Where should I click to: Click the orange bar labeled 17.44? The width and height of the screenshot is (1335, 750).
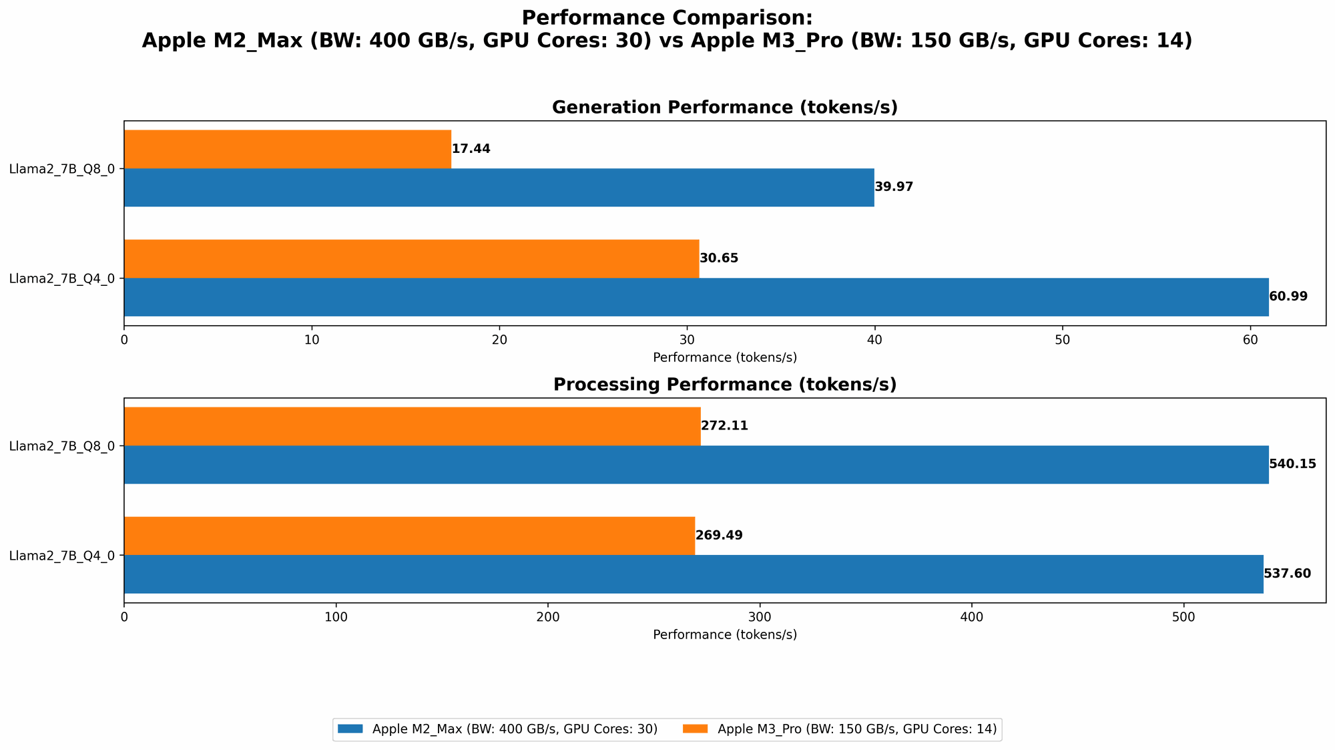(287, 149)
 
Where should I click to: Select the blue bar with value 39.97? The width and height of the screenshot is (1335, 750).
(499, 187)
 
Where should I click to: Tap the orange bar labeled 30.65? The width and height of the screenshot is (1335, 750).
(411, 258)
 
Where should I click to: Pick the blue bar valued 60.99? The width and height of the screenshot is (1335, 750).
(696, 297)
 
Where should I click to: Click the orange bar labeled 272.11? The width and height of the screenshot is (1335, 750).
(412, 426)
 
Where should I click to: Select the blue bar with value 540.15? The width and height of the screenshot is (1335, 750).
(696, 464)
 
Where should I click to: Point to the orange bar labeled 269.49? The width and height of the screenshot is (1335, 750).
(409, 536)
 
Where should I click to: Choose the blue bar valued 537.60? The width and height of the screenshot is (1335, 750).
(693, 574)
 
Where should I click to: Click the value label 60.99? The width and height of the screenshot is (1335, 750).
(1288, 297)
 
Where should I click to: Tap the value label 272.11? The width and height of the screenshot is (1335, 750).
(724, 426)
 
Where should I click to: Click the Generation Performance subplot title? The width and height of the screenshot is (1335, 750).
(724, 108)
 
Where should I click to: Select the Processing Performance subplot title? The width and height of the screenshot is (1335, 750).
(724, 385)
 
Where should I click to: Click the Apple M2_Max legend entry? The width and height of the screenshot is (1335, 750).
(497, 729)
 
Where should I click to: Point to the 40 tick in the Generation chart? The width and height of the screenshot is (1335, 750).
(874, 340)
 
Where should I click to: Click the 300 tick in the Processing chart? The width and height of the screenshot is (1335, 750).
(760, 617)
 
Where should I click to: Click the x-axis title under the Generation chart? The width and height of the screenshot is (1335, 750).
(724, 357)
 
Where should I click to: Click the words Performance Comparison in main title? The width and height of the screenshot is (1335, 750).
(667, 17)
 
